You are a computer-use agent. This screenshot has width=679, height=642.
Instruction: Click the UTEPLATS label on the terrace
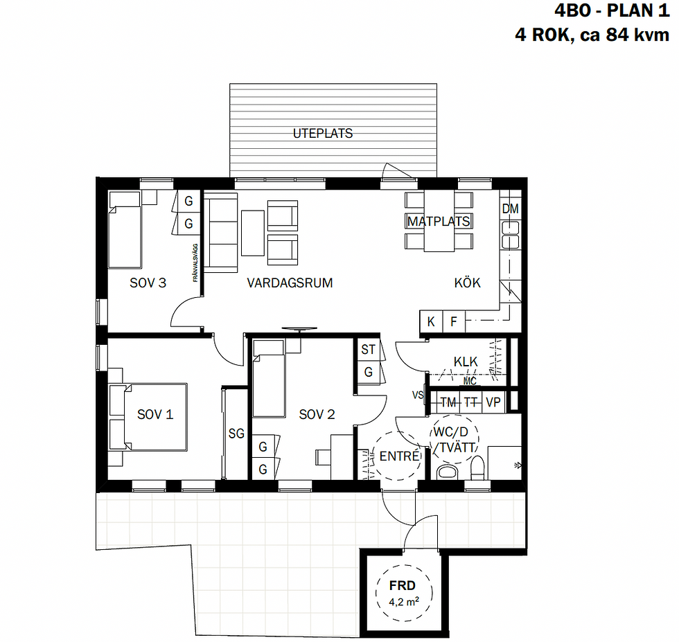[322, 133]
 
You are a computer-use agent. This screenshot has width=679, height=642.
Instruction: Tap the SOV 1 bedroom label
[155, 414]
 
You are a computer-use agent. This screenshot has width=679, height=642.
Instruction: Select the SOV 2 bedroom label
[317, 414]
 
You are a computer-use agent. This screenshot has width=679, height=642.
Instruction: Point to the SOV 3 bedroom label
[148, 283]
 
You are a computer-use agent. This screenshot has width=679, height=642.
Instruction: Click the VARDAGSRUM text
[290, 283]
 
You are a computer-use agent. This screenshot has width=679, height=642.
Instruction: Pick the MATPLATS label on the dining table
[439, 222]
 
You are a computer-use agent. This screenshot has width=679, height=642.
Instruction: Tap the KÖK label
[467, 283]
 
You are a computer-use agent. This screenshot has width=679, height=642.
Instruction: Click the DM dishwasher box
[510, 208]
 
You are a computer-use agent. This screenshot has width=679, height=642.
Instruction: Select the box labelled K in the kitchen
[431, 322]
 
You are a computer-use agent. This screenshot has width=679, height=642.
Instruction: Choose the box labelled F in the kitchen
[454, 322]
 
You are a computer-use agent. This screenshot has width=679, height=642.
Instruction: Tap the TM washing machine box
[448, 402]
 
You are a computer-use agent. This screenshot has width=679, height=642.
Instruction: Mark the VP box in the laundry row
[493, 402]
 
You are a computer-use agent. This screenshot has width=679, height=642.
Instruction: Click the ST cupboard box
[368, 350]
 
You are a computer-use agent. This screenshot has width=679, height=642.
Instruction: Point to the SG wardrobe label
[236, 434]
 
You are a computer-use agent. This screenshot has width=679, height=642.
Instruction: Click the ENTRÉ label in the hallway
[399, 456]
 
